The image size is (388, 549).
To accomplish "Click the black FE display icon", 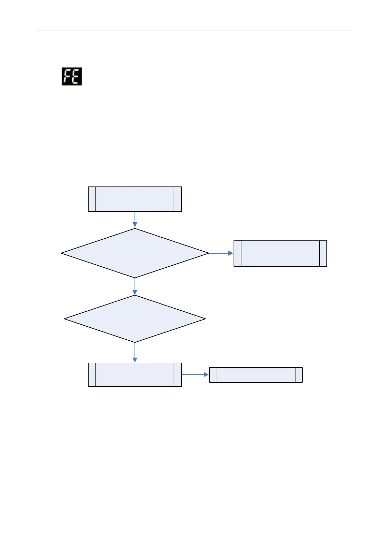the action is tap(72, 77).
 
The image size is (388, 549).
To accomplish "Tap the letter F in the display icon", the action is tap(67, 77).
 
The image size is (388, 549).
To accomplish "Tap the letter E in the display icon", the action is tap(76, 77).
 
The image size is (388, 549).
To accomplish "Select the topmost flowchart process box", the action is tap(135, 199).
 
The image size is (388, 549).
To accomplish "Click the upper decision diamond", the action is tap(135, 253).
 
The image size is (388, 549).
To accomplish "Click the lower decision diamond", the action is tap(135, 319).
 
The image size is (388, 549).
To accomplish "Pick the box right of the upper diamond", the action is tap(280, 253).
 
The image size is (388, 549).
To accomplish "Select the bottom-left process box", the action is tap(135, 375).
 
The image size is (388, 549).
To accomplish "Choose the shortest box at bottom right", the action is tap(256, 375).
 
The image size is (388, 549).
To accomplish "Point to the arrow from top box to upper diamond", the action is tap(135, 219).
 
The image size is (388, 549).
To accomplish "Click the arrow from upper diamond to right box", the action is tap(221, 253).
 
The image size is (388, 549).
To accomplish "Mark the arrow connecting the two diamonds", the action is tap(135, 287).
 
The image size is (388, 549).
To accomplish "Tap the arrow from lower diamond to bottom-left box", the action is tap(135, 352).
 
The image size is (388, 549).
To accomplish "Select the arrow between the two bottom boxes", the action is tap(195, 375).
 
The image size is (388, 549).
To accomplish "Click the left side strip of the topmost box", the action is tap(92, 199).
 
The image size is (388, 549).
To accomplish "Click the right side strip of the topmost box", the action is tap(178, 199).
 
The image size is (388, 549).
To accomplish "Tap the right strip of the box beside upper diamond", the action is tap(323, 253).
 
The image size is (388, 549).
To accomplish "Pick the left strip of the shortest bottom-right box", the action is tap(213, 375).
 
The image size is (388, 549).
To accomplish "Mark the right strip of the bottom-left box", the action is tap(178, 375).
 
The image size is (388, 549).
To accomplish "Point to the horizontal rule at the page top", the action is tap(194, 31).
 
